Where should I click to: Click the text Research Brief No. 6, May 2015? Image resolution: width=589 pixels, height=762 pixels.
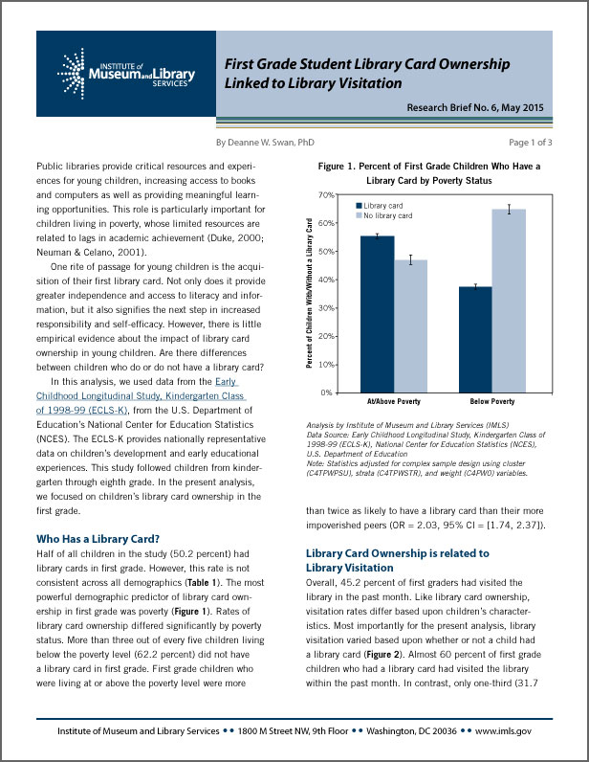click(474, 107)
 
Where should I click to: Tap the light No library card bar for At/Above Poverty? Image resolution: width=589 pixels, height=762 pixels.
click(410, 325)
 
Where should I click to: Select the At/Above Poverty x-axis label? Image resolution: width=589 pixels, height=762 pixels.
click(393, 402)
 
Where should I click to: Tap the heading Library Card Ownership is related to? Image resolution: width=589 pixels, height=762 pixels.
click(397, 553)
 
